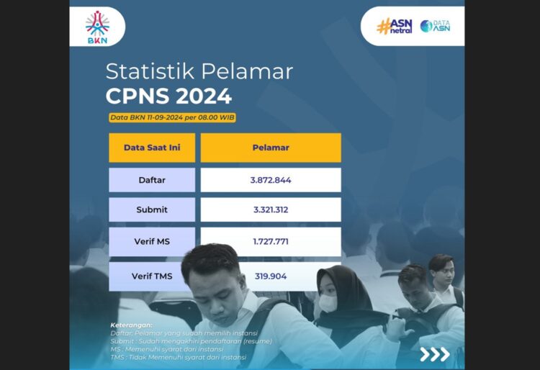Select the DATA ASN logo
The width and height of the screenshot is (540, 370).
(x=435, y=26)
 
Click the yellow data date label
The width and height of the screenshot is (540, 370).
(x=172, y=117)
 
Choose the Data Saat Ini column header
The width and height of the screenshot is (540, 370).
(x=152, y=148)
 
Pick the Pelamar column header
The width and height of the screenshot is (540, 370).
(x=271, y=148)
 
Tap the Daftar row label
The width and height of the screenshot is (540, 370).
(x=152, y=180)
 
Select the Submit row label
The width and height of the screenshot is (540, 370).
(x=152, y=209)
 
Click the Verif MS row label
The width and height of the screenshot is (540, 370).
(x=152, y=241)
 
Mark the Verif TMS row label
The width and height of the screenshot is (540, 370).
(x=152, y=276)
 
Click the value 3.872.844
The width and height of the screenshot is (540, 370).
(x=271, y=180)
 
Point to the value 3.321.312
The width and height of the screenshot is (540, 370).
(x=271, y=209)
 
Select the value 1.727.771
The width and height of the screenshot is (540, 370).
(x=271, y=241)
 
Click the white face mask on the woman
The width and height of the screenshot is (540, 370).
(x=328, y=303)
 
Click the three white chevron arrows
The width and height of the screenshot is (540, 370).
(x=435, y=353)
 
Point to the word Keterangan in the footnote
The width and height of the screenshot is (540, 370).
(x=132, y=325)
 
